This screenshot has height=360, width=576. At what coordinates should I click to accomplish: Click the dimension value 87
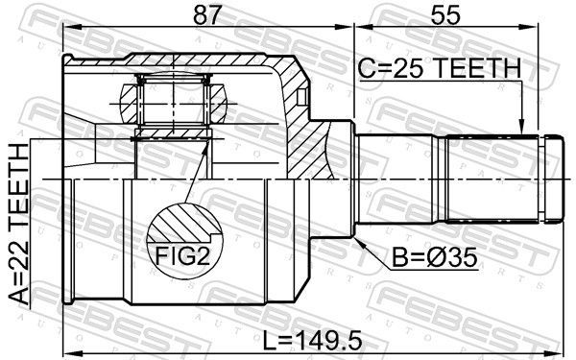[x=208, y=15]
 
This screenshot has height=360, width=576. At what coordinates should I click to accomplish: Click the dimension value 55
[x=445, y=15]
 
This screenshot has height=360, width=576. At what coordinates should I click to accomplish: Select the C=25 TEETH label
[x=440, y=68]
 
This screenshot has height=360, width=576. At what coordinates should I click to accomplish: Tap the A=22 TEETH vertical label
[x=19, y=224]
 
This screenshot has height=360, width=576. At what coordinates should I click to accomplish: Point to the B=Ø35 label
[x=435, y=257]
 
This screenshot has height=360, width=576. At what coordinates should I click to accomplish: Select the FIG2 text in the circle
[x=183, y=255]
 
